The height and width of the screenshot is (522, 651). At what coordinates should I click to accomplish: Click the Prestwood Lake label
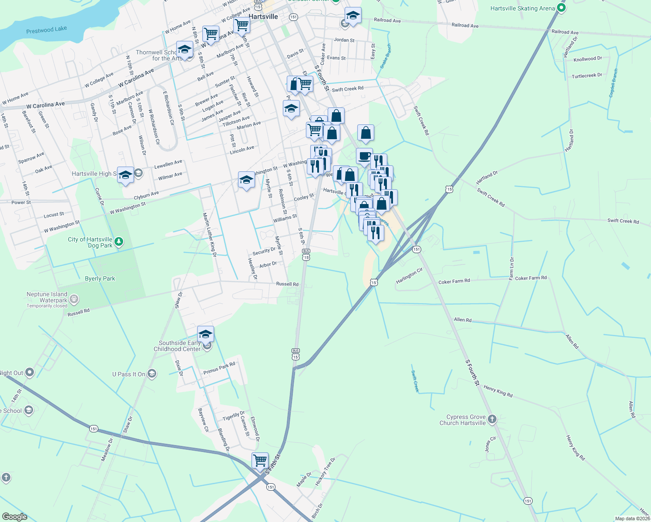[x=47, y=30]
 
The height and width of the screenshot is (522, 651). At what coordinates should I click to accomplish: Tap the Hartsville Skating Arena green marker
[x=561, y=7]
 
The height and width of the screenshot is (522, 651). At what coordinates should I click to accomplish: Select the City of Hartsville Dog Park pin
[x=119, y=241]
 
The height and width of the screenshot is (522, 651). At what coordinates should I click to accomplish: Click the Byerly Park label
[x=100, y=279]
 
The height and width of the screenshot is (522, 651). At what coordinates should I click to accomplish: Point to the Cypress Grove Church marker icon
[x=492, y=419]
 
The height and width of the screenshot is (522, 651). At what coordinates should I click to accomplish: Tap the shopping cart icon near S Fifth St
[x=260, y=460]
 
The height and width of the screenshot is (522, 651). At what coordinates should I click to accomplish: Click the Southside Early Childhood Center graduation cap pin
[x=205, y=334]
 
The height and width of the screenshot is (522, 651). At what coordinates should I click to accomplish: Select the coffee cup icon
[x=364, y=156]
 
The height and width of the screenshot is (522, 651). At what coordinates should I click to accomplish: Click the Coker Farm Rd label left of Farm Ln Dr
[x=454, y=281]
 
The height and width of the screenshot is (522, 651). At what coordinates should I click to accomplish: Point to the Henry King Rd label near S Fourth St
[x=498, y=391]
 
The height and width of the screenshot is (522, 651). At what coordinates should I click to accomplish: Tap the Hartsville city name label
[x=263, y=17]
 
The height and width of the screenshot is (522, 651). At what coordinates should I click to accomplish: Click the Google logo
[x=14, y=517]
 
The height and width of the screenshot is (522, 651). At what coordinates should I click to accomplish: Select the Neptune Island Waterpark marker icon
[x=74, y=299]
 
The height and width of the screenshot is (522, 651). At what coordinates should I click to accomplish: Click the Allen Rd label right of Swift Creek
[x=463, y=320]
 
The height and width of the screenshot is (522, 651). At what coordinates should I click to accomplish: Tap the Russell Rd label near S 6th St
[x=287, y=284]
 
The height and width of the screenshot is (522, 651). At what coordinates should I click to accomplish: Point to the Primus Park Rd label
[x=219, y=368]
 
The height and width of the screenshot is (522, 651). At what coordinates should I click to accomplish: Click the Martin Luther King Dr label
[x=209, y=234]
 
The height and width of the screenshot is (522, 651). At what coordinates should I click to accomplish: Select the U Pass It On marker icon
[x=152, y=374]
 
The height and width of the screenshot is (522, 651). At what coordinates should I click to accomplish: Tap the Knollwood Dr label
[x=587, y=59]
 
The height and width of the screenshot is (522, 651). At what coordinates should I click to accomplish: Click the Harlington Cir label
[x=409, y=276]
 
